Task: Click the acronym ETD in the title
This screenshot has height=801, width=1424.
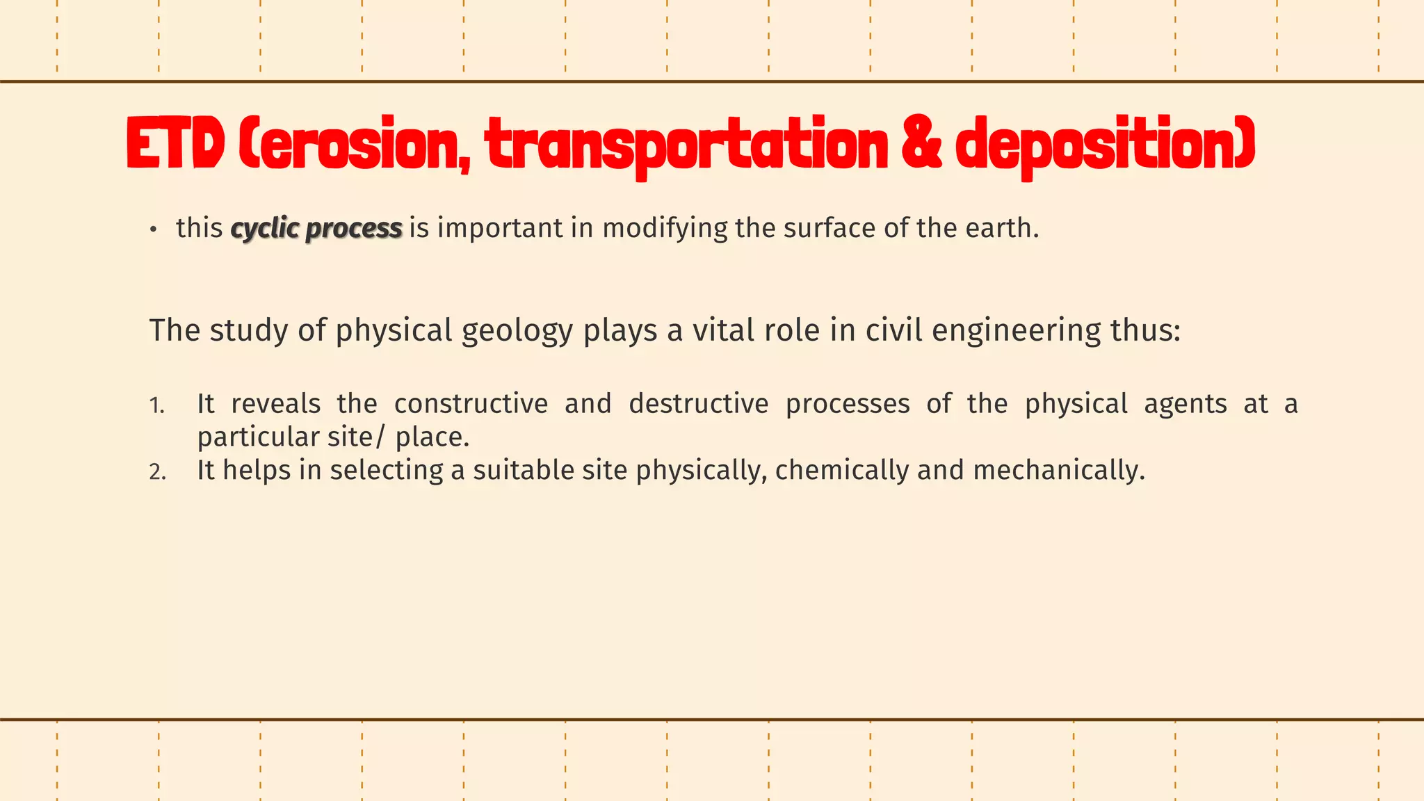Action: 175,145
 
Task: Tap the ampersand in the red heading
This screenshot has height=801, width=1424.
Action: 922,145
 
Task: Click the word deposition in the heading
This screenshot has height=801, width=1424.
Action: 1105,145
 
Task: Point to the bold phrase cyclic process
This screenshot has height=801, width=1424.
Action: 316,228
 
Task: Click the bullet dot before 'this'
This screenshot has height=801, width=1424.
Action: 154,229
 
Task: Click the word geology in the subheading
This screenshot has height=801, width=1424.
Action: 517,331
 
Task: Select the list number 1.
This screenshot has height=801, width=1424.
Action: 157,405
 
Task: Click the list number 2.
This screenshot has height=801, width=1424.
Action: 158,472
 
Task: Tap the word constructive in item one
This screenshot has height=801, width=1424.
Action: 471,404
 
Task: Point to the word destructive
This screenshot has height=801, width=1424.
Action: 699,404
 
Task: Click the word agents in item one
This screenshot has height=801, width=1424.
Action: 1185,404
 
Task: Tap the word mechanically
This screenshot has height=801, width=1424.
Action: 1058,471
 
